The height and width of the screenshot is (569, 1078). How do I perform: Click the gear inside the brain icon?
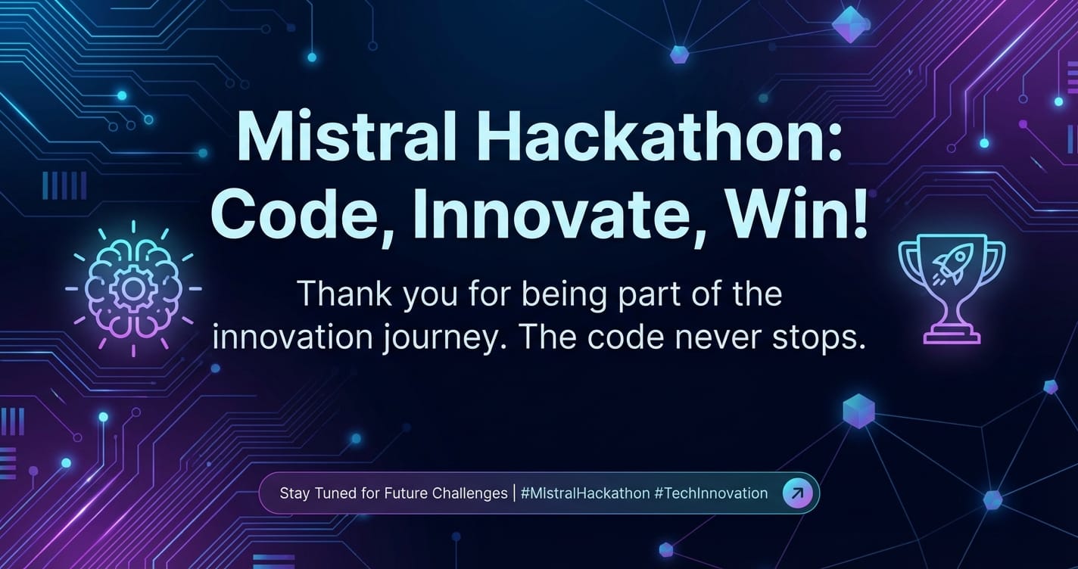pos(131,288)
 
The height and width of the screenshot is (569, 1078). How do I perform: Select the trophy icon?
pos(952,288)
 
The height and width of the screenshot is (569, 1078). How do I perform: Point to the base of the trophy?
pos(952,334)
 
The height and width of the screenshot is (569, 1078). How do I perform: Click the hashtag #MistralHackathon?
pos(585,493)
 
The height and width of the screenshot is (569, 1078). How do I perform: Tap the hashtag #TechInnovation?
pos(712,493)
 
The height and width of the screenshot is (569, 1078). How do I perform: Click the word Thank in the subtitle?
pos(345,294)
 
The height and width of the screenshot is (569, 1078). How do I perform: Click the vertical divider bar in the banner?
pos(515,493)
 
